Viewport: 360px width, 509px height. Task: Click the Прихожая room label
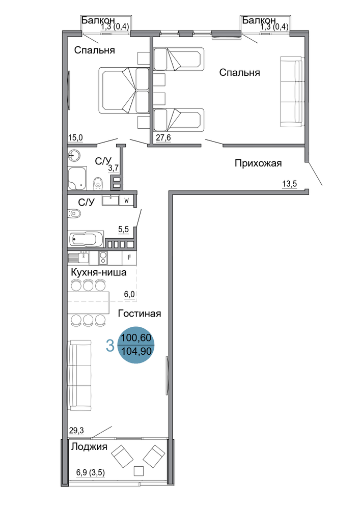tap(258, 163)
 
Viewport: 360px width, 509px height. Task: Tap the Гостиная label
tap(140, 314)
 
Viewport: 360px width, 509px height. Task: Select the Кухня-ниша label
tap(99, 272)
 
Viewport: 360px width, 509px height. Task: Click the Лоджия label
tap(89, 447)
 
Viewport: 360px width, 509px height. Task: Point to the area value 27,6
tap(163, 138)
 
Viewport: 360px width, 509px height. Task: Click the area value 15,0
tap(75, 138)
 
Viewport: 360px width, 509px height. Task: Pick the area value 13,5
tap(289, 184)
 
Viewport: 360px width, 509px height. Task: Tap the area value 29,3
tap(76, 431)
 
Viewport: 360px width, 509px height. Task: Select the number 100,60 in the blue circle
tap(136, 338)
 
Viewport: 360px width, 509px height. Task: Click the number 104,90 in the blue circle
tap(136, 351)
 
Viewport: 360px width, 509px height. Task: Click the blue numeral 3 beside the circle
tap(110, 346)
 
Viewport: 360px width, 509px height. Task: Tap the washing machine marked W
tap(127, 201)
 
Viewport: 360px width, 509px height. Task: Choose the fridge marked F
tap(129, 258)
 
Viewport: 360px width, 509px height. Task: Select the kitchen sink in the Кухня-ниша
tap(78, 258)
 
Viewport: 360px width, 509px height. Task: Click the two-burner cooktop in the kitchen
tap(103, 258)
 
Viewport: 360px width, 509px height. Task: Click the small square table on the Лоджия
tap(139, 470)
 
